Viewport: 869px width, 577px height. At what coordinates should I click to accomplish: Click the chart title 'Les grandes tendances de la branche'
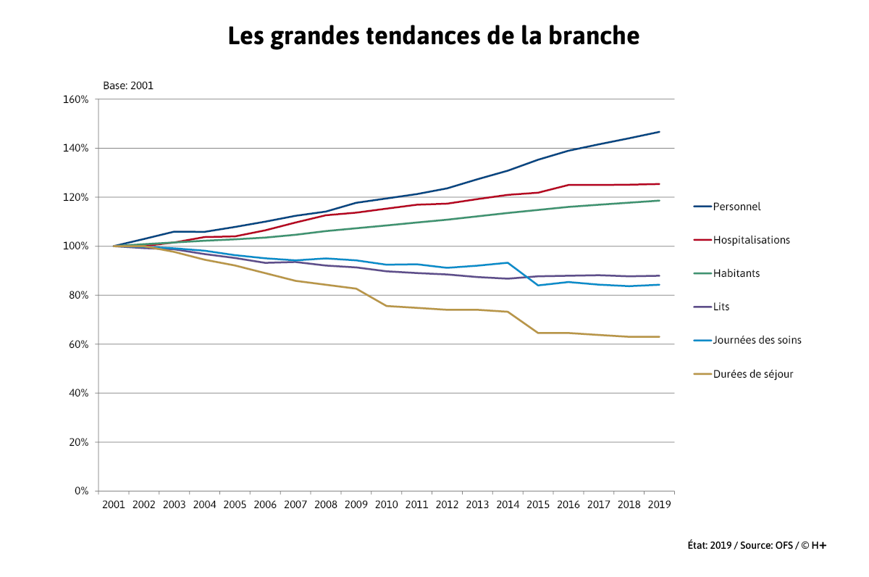433,36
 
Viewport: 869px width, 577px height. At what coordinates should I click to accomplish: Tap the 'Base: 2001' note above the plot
128,86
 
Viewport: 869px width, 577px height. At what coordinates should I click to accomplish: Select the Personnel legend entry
736,207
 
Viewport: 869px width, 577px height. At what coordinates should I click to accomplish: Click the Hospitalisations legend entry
751,240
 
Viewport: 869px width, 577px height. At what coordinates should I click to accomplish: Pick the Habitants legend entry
736,273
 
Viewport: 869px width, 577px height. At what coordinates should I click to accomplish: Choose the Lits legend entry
721,307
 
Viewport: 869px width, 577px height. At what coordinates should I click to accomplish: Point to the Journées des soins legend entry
757,340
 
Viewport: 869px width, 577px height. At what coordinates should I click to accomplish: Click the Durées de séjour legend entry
752,374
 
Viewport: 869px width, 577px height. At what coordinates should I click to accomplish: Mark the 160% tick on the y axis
76,99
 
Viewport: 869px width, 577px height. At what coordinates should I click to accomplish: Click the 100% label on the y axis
76,246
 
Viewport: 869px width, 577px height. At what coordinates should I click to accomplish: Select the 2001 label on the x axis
114,504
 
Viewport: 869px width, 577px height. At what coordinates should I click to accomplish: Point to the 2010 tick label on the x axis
387,504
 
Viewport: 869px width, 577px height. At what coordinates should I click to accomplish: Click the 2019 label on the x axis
659,504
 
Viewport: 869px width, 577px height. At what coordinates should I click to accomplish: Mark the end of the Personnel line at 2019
659,132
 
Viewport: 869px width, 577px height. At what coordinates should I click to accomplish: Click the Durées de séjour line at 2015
537,333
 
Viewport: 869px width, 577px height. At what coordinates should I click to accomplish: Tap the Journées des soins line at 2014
508,262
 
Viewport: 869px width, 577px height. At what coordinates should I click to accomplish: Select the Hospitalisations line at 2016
568,185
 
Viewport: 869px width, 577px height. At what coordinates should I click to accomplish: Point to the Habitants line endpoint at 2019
659,201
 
